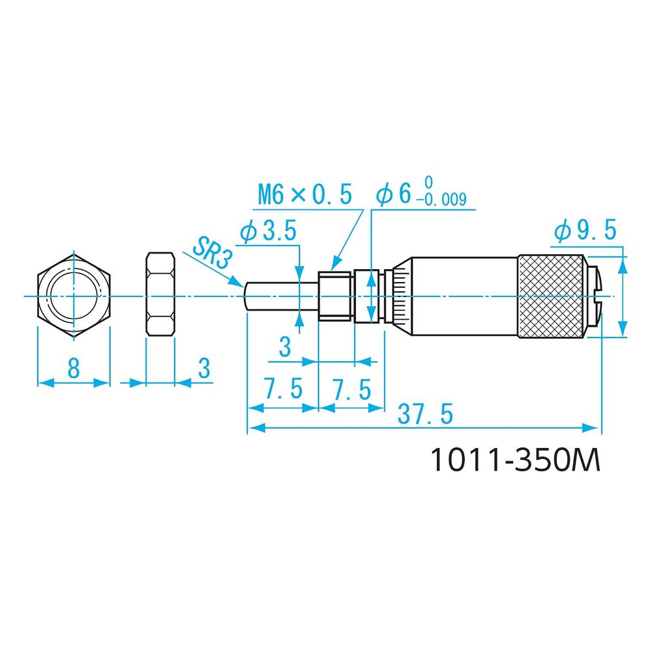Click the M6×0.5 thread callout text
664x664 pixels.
point(304,194)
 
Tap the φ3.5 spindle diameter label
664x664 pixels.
point(268,232)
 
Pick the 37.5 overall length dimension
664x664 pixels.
point(425,414)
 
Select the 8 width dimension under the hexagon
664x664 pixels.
point(73,369)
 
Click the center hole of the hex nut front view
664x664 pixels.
point(73,296)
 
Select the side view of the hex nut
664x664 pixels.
point(160,295)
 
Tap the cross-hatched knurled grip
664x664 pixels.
point(551,296)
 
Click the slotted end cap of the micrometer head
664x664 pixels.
point(595,296)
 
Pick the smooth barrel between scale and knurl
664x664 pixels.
point(464,296)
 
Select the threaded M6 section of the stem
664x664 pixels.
point(336,296)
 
